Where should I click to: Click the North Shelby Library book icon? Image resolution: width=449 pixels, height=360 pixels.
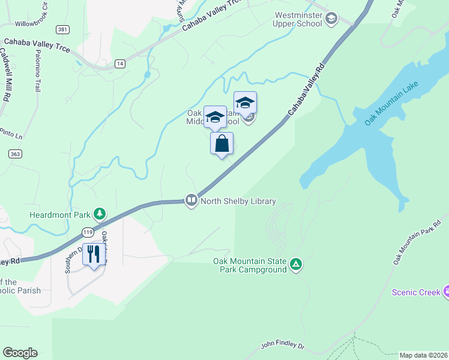pyautogui.click(x=191, y=200)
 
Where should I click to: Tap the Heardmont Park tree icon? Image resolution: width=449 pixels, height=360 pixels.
pyautogui.click(x=99, y=214)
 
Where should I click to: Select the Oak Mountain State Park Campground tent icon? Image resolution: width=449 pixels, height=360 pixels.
pyautogui.click(x=295, y=265)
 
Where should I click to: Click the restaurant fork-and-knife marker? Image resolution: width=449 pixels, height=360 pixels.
pyautogui.click(x=93, y=255)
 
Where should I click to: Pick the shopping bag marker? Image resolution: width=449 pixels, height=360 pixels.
pyautogui.click(x=221, y=144)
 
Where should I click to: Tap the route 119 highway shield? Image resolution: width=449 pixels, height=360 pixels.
pyautogui.click(x=88, y=231)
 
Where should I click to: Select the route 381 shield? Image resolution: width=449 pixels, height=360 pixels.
pyautogui.click(x=61, y=29)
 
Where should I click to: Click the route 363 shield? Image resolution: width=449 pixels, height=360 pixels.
pyautogui.click(x=16, y=154)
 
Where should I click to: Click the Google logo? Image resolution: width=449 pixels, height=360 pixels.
pyautogui.click(x=20, y=353)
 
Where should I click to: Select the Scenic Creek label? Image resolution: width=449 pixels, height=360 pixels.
pyautogui.click(x=416, y=292)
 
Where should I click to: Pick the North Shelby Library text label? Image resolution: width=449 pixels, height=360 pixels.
pyautogui.click(x=238, y=201)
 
